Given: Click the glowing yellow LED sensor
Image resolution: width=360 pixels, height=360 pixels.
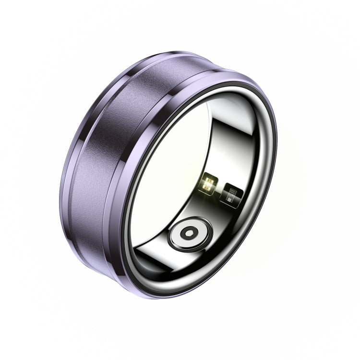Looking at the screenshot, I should tap(209, 182).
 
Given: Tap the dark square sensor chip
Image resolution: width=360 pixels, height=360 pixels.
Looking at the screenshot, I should tap(231, 194).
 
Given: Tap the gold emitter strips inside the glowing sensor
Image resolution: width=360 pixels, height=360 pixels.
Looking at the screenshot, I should tap(209, 183).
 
